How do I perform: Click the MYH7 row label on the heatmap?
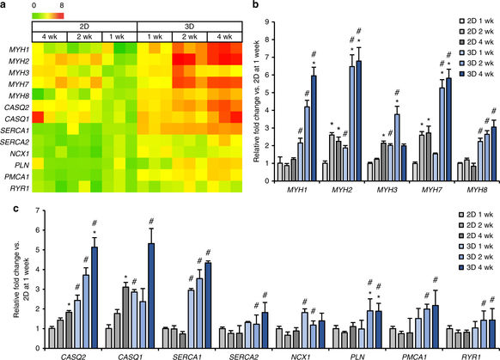[19, 84]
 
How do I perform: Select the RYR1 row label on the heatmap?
[19, 188]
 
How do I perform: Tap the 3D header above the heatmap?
[189, 27]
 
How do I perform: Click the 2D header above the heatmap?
[84, 27]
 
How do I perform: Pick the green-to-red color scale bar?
[48, 16]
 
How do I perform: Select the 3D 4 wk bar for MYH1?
[314, 128]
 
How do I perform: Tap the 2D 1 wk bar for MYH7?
[415, 172]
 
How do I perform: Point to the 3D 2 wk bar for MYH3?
[397, 148]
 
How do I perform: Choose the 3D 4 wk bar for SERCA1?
[208, 306]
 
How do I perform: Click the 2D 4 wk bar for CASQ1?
[125, 318]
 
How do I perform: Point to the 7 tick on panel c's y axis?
[39, 211]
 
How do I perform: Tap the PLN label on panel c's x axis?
[357, 357]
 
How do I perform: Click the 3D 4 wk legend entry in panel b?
[477, 74]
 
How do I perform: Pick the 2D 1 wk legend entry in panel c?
[476, 214]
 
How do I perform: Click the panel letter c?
[15, 209]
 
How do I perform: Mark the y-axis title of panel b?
[257, 101]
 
